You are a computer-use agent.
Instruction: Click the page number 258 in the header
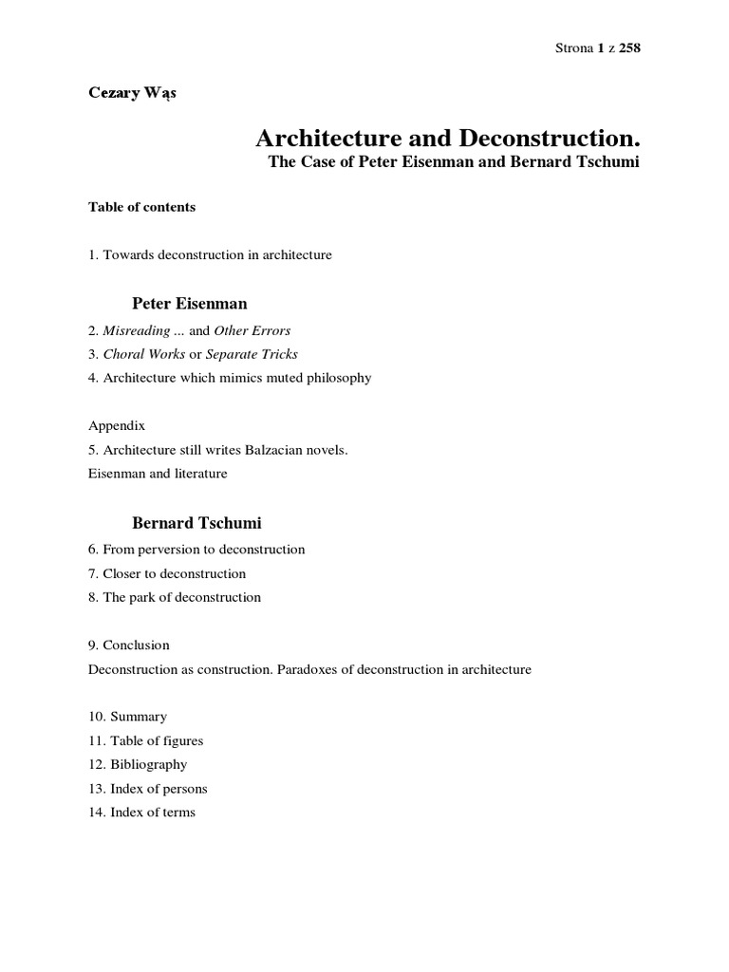coord(630,49)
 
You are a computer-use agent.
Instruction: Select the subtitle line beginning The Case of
coord(455,162)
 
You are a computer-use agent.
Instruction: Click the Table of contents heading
coord(141,207)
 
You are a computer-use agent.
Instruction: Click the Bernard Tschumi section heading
coord(196,523)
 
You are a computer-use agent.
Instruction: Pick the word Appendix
coord(116,426)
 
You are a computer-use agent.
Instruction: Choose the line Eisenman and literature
coord(158,474)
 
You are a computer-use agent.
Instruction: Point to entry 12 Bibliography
coord(138,764)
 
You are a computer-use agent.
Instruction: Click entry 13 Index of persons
coord(147,788)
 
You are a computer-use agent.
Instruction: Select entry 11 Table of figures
coord(145,740)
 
